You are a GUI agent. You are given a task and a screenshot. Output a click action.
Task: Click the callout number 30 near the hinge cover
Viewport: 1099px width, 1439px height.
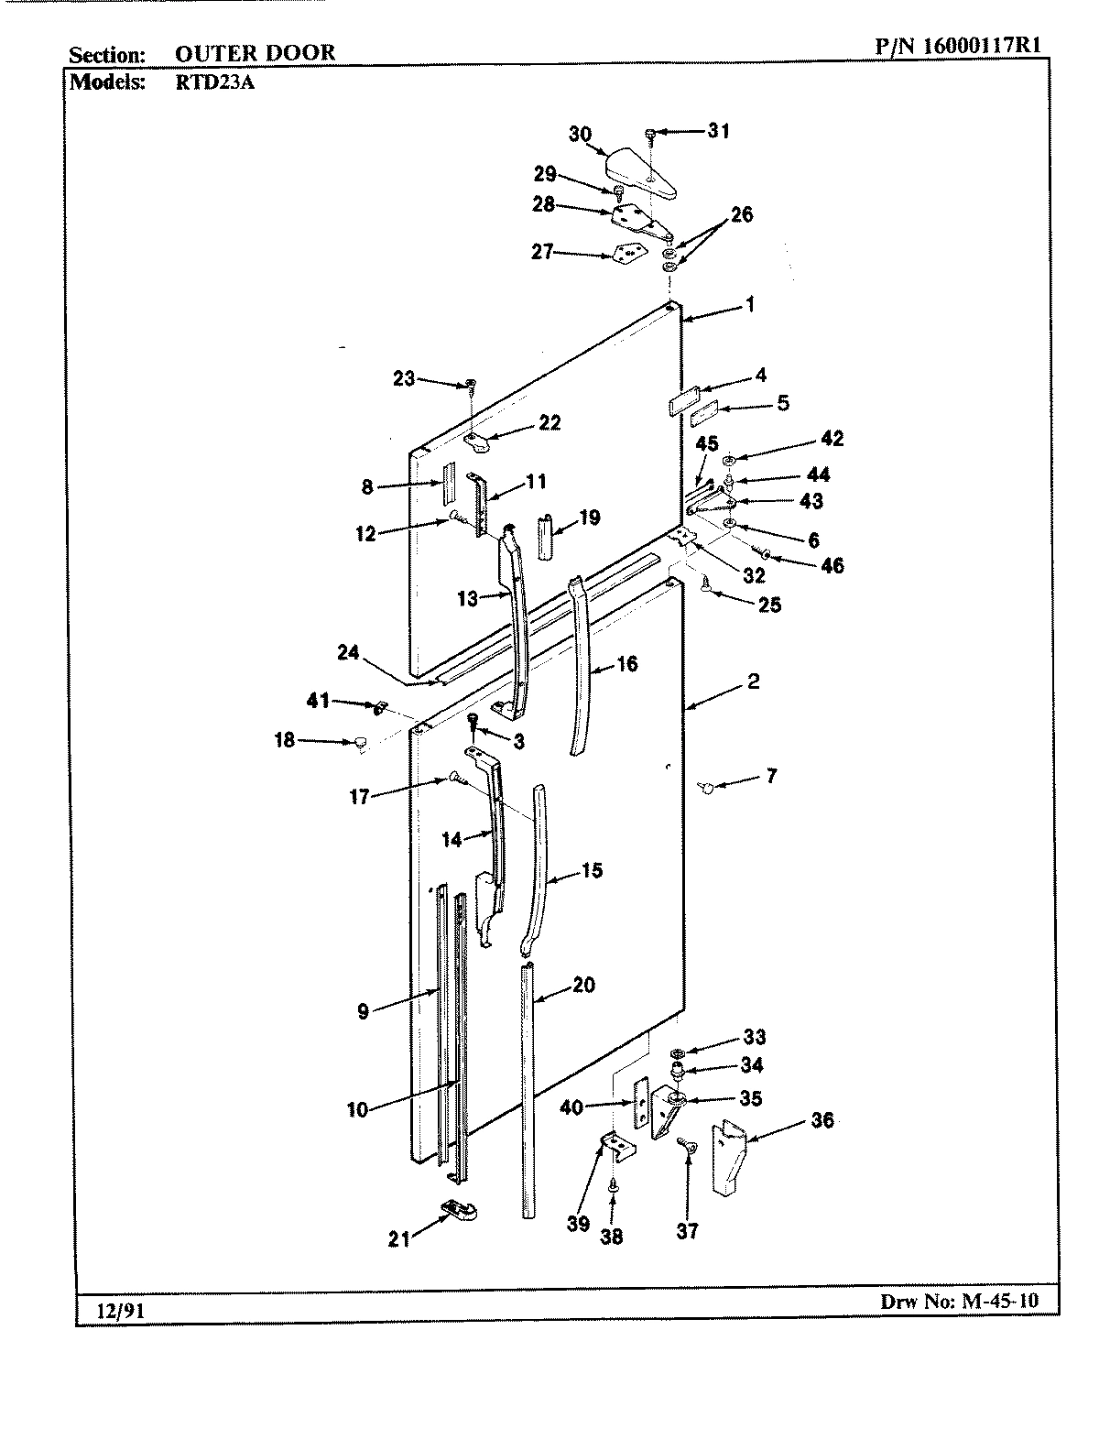[x=580, y=134]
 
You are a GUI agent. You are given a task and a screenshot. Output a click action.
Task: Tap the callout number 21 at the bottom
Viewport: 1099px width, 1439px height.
[x=397, y=1240]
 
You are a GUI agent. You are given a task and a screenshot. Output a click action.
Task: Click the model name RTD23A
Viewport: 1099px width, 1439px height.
[x=206, y=81]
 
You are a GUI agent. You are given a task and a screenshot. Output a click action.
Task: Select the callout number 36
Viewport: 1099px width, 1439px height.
[x=822, y=1119]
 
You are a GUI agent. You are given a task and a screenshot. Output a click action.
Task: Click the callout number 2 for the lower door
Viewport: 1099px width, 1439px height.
[x=753, y=681]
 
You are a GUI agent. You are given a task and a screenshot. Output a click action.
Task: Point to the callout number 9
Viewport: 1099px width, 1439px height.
[x=364, y=1011]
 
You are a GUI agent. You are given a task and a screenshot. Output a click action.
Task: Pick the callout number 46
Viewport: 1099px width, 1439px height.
[x=832, y=565]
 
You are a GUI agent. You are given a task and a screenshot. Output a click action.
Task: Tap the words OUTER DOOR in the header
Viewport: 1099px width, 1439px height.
[x=255, y=53]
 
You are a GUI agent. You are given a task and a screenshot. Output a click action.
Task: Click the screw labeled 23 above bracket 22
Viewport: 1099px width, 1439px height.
[x=471, y=384]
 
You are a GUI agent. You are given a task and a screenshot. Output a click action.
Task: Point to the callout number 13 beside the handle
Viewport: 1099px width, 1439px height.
[x=467, y=599]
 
